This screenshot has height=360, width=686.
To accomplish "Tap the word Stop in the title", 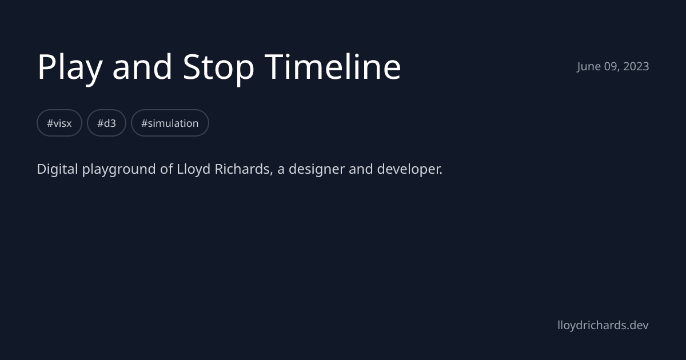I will point(218,67).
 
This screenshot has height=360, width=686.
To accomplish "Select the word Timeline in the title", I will point(333,67).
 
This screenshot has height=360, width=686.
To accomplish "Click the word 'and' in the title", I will point(142,67).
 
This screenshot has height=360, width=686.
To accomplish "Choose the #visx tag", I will point(59,123).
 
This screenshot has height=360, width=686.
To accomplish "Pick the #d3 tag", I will point(106,123).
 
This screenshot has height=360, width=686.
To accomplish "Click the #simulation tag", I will point(170,123).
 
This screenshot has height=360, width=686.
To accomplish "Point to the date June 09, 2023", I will point(613,66).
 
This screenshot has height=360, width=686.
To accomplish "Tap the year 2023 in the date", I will point(636,66).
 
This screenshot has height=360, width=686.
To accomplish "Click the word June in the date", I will point(589,66).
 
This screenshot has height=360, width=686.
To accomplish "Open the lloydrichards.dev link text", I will point(603,325).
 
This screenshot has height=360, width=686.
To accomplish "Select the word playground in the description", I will point(119,170).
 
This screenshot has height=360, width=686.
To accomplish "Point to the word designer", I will point(316,169).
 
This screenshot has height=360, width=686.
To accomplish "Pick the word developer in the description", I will point(409,170).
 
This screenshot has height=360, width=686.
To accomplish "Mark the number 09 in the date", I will point(611,66).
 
